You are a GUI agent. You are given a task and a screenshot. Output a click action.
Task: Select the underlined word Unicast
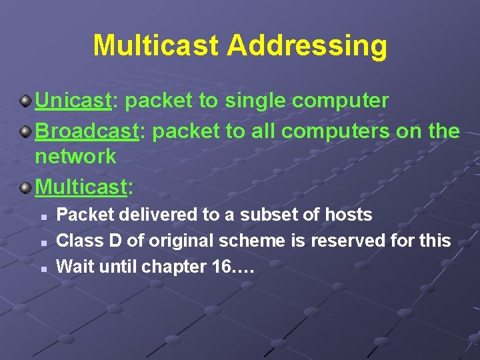[72, 101]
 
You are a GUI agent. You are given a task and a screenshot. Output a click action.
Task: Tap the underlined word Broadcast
[86, 131]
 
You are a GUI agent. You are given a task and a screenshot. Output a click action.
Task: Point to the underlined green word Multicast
[81, 187]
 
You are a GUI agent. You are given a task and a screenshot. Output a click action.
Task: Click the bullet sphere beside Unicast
[25, 101]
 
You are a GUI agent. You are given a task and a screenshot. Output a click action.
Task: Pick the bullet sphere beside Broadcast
[25, 131]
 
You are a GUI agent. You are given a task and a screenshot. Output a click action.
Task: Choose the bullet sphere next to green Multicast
[25, 187]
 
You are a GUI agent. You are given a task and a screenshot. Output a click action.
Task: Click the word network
[75, 157]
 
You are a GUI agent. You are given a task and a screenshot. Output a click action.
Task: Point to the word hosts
[348, 215]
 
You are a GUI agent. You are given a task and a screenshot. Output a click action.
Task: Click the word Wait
[72, 267]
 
